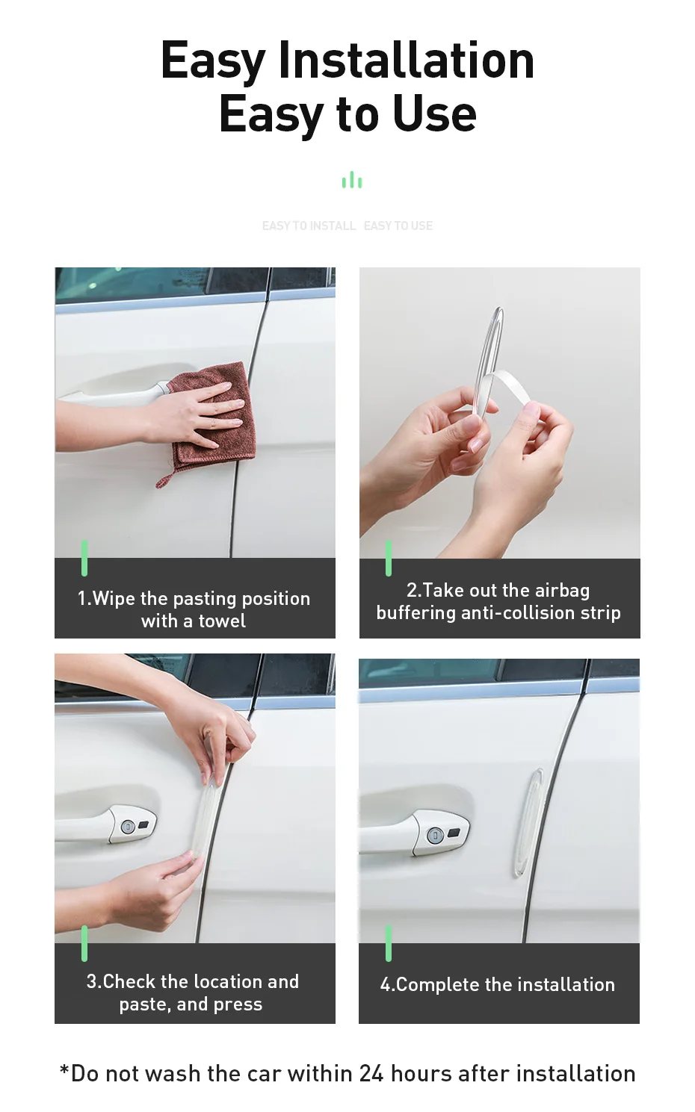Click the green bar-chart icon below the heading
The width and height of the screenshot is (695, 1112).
point(351,180)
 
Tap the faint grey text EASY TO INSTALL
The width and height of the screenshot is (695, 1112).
point(309,226)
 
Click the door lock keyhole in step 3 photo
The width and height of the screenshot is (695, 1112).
point(128,826)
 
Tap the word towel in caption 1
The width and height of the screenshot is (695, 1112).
point(222,621)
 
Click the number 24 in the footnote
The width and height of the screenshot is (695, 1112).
point(371,1074)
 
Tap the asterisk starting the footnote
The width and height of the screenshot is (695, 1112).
point(64,1072)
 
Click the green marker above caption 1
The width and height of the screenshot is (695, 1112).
point(84,558)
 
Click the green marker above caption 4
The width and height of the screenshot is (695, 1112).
point(389,943)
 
